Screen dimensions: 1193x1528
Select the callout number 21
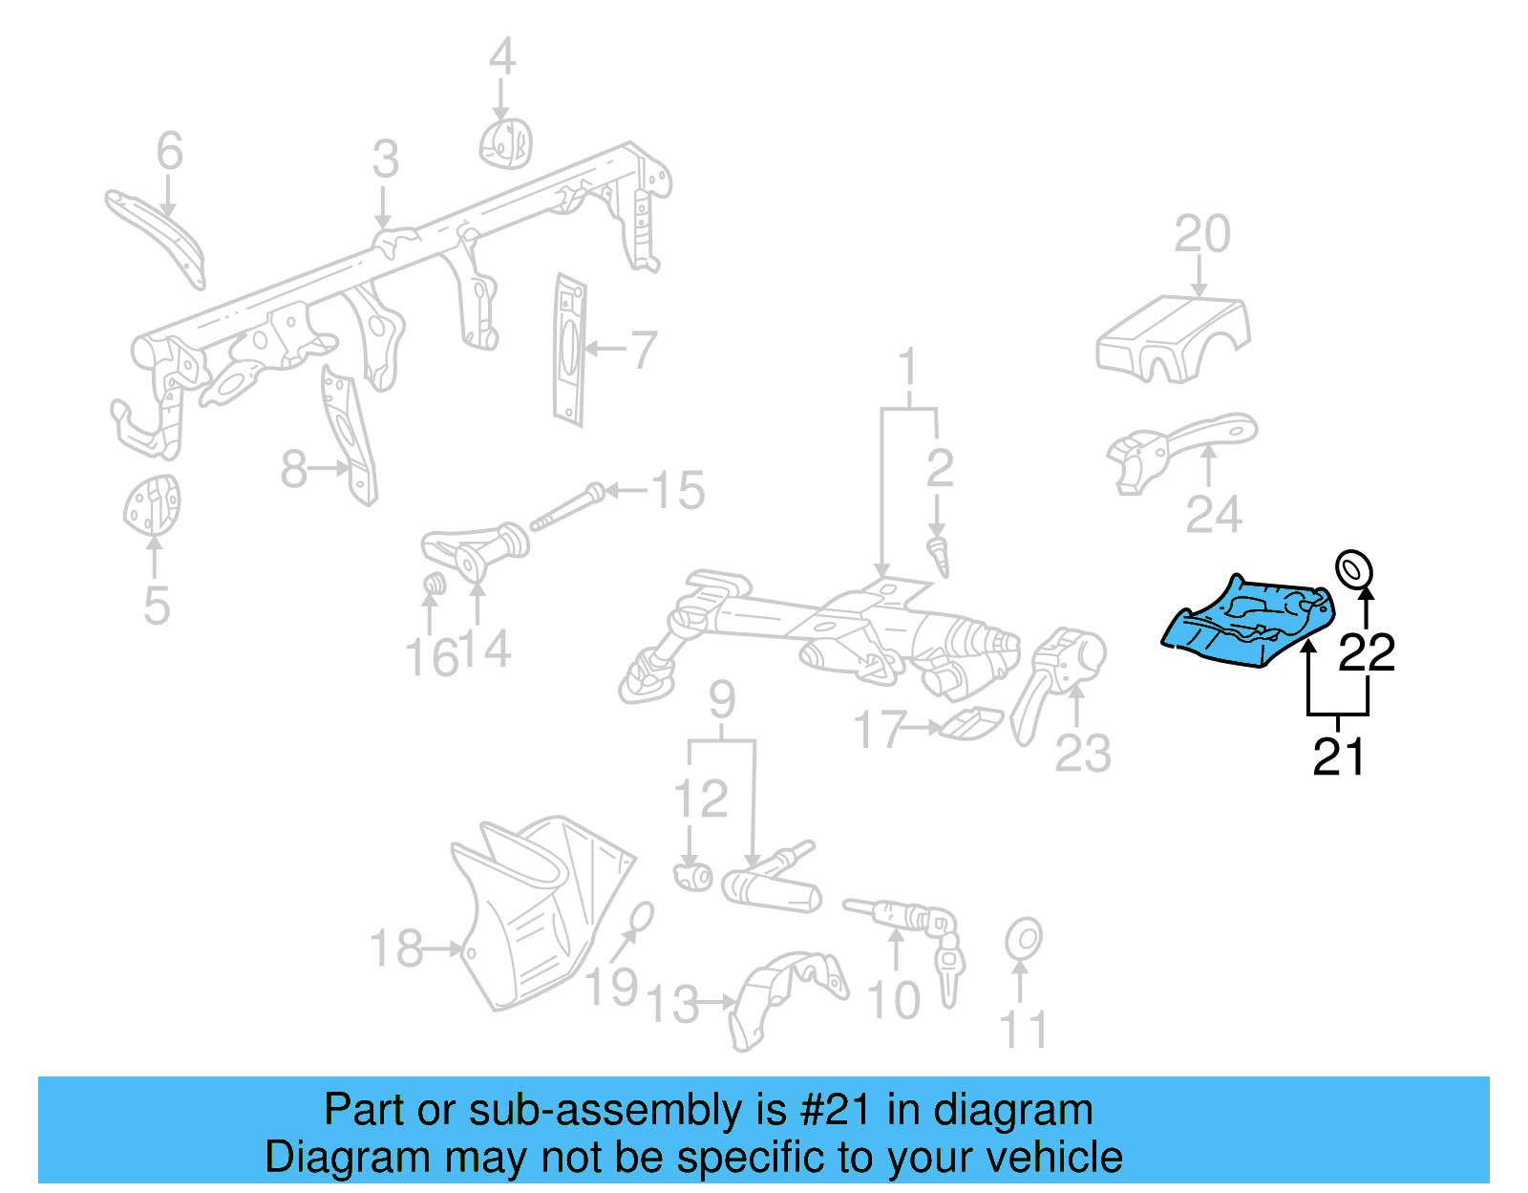(x=1339, y=756)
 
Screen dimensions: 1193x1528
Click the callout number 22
(x=1367, y=652)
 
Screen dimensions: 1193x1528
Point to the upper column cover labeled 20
(x=1173, y=339)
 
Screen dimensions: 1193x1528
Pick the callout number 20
(x=1201, y=234)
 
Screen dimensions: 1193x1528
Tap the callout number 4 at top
(x=501, y=57)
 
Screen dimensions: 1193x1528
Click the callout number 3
(x=385, y=160)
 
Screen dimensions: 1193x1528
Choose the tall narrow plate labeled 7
(x=569, y=351)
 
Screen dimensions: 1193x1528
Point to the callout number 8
(x=294, y=469)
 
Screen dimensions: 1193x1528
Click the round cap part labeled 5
(x=152, y=505)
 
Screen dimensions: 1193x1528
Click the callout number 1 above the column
(x=907, y=368)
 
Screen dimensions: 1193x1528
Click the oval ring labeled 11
(x=1023, y=939)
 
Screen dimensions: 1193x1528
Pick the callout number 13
(x=672, y=1004)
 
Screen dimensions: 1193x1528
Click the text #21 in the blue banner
(x=836, y=1110)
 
